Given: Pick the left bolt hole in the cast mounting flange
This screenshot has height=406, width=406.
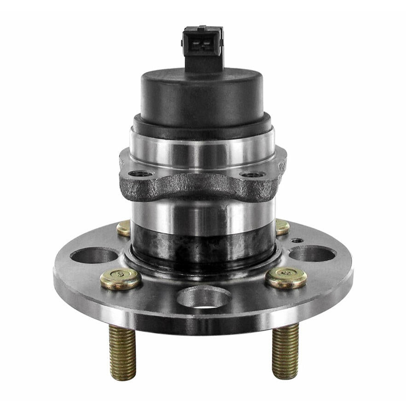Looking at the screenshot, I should (141, 174).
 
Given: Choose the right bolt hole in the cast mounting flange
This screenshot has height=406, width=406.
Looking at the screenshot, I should (253, 174).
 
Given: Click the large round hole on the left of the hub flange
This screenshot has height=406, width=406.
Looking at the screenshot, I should (94, 255).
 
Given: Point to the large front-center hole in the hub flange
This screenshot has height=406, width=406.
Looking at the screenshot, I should (204, 297).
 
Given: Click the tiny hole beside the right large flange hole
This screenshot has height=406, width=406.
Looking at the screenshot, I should (298, 240).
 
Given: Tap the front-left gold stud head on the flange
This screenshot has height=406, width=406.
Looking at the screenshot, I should (121, 278).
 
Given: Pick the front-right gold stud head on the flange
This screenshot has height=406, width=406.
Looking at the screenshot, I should (286, 278).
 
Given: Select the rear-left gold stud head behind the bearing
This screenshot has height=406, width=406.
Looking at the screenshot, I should (124, 228).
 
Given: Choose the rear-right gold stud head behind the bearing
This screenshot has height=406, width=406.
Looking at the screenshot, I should (282, 226).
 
